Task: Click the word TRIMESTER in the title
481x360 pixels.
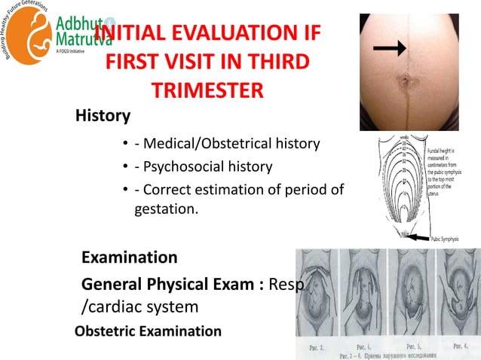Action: coord(207,90)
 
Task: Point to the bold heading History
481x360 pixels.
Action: coord(103,117)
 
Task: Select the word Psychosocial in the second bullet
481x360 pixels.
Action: coord(172,166)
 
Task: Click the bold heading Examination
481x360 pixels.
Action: coord(129,258)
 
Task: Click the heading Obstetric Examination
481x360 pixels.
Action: coord(149,331)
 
